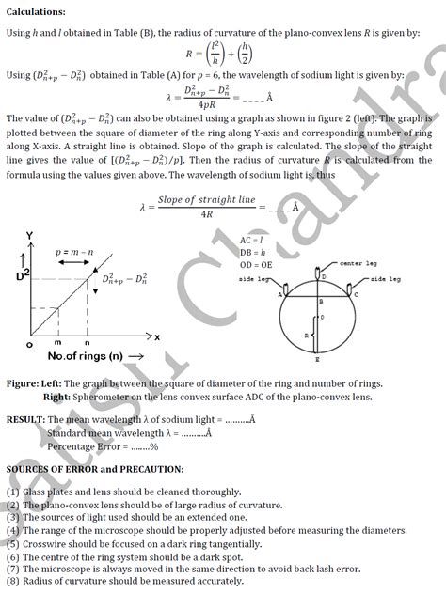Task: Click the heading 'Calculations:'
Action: click(37, 11)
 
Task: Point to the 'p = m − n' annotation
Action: click(76, 253)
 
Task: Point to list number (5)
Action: click(12, 543)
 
